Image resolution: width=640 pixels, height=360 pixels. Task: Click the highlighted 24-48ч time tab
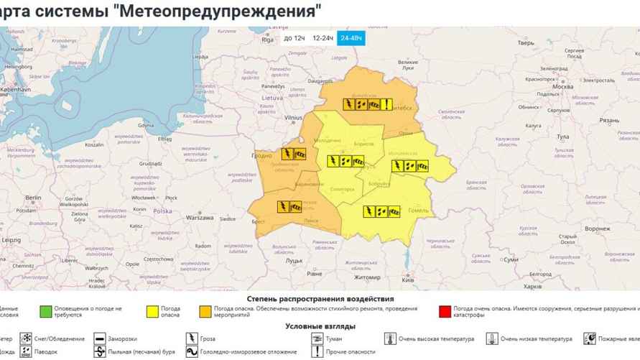352,37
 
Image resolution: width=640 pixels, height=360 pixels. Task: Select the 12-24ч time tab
323,37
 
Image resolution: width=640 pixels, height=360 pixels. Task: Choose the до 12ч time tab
294,37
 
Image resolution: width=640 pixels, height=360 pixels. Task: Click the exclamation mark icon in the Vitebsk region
386,104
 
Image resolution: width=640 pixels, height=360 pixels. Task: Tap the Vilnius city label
294,116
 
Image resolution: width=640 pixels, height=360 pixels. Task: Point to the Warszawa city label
200,217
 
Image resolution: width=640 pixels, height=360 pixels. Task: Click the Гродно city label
261,155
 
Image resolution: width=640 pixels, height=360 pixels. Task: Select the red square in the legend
445,311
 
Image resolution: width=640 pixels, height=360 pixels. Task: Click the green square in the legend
46,311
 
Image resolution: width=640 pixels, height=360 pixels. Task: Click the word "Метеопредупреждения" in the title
216,11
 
